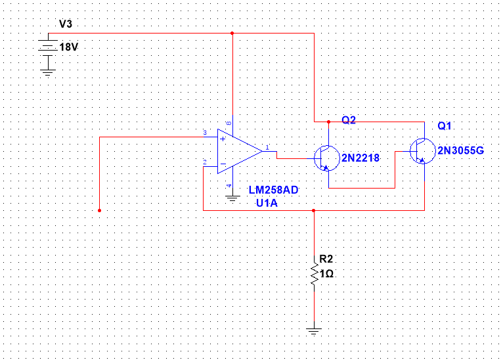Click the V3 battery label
click(66, 24)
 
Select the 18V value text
click(68, 47)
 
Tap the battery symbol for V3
click(47, 47)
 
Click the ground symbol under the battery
click(47, 71)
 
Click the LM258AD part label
click(273, 190)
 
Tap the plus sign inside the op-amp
click(223, 139)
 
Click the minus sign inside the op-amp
click(223, 164)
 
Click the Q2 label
click(349, 120)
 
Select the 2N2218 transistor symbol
click(326, 158)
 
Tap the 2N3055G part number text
click(461, 150)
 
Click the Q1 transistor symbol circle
click(421, 151)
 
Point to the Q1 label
click(445, 125)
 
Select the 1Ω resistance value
click(327, 273)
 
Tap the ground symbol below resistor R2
click(314, 330)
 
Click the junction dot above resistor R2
click(314, 211)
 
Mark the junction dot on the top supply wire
click(232, 33)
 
